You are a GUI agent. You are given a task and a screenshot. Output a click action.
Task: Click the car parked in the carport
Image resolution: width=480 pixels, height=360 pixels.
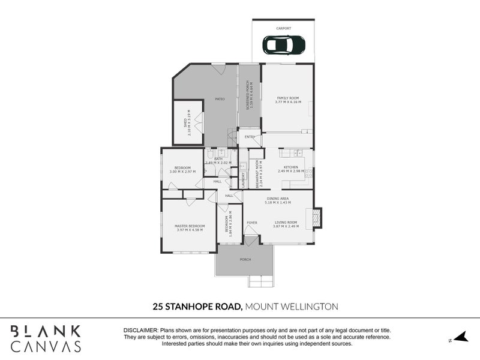coord(284,44)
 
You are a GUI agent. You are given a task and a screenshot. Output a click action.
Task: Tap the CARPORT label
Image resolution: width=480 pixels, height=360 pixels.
coord(283,28)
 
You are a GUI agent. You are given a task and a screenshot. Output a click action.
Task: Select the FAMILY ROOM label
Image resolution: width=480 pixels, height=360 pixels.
coord(287,98)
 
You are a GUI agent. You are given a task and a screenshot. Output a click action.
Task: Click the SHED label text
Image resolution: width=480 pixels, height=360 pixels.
coord(185,122)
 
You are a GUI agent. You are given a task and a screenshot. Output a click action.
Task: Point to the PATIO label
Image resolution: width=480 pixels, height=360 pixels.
coord(220,99)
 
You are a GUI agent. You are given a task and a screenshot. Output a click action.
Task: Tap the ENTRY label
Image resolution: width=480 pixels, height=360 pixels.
coord(250,137)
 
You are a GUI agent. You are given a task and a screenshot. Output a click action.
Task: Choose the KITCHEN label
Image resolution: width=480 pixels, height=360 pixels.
coord(291,167)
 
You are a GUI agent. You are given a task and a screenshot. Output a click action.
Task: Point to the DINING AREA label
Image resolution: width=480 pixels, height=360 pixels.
coord(278,199)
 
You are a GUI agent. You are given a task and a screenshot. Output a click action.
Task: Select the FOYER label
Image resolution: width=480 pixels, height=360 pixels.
coord(252,223)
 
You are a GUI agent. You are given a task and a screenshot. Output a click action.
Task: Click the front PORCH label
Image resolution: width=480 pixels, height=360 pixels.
coord(245,260)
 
